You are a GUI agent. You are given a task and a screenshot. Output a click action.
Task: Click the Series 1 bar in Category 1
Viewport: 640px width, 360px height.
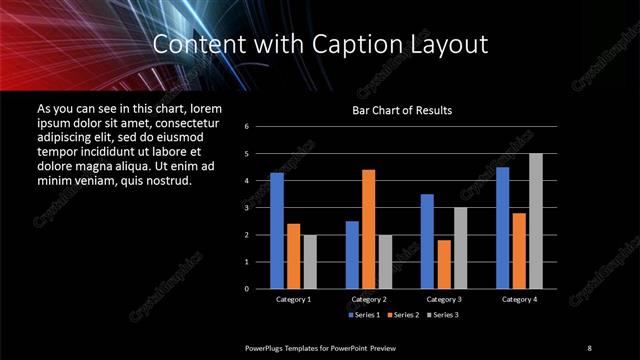[x=277, y=230]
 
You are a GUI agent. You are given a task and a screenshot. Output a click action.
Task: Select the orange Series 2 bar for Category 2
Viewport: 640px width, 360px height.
[x=368, y=228]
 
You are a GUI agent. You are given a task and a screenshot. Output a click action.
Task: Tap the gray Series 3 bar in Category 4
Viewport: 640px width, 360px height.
[x=535, y=220]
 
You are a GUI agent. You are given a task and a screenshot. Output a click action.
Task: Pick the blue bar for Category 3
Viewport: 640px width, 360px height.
[x=427, y=241]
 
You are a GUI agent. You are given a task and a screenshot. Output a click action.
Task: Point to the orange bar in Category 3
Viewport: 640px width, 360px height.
[x=443, y=264]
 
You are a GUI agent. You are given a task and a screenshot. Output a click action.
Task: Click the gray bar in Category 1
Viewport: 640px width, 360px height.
[x=309, y=261]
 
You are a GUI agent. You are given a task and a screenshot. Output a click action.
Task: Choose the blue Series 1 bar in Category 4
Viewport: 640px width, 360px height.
[x=502, y=227]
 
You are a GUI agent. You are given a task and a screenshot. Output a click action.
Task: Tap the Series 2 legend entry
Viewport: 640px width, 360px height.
[x=403, y=315]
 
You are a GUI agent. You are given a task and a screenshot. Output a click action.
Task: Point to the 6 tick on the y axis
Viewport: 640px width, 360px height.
[x=260, y=127]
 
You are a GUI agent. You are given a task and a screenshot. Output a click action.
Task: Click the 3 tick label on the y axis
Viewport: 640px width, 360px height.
[x=260, y=208]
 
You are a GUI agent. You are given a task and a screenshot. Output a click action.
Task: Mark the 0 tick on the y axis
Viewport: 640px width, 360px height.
[x=260, y=288]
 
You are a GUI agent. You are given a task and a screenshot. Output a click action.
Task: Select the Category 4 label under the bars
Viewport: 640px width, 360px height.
[x=518, y=299]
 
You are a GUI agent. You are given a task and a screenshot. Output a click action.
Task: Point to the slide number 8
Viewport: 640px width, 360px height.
[x=589, y=347]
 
